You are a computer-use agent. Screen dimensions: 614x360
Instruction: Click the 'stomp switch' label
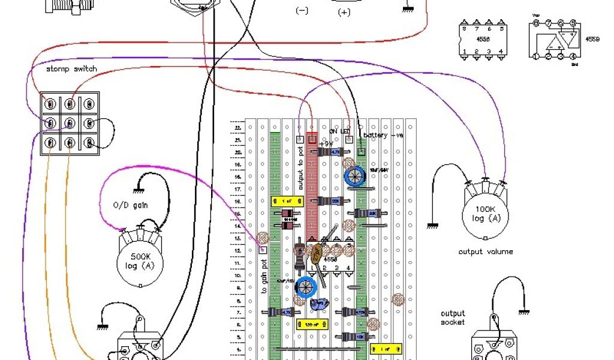click(x=71, y=69)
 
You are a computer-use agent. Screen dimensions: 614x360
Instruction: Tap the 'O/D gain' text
click(x=131, y=206)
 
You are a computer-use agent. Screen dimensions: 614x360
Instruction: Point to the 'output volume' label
click(x=485, y=251)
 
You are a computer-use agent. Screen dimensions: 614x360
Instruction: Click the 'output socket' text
click(x=453, y=318)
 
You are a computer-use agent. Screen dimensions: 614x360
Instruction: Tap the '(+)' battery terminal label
click(x=344, y=12)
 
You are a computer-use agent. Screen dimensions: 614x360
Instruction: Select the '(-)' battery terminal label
click(x=302, y=10)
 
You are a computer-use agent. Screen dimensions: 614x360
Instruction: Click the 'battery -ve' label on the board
click(x=383, y=136)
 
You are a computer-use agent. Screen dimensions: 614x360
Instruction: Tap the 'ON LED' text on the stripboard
click(x=339, y=131)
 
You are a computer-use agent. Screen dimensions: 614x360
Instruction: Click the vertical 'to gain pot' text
click(x=264, y=274)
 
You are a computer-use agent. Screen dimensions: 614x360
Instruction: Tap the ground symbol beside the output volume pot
click(x=431, y=226)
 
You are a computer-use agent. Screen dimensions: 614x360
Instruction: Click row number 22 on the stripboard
click(x=237, y=128)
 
